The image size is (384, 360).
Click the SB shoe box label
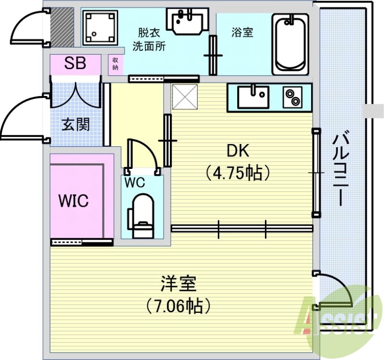pyautogui.click(x=75, y=63)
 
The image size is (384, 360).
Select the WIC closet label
pyautogui.click(x=73, y=201)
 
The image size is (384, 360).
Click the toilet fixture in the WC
pyautogui.click(x=141, y=216)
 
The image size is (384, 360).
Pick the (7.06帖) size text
pyautogui.click(x=178, y=305)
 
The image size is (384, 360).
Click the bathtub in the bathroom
pyautogui.click(x=290, y=43)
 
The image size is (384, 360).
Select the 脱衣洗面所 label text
pyautogui.click(x=149, y=39)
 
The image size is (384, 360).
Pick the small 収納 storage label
pyautogui.click(x=116, y=63)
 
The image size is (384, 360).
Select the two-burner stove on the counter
pyautogui.click(x=293, y=97)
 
